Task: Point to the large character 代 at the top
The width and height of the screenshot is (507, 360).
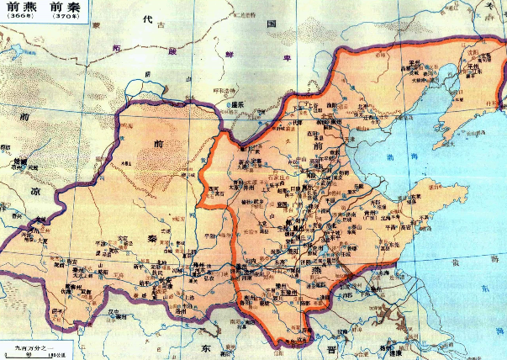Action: (148, 19)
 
